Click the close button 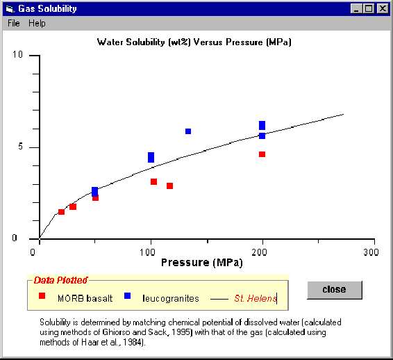[x=334, y=290]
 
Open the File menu [x=14, y=23]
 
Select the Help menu [x=37, y=23]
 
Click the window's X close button [x=383, y=8]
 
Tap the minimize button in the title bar [x=357, y=8]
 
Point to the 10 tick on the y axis [x=18, y=55]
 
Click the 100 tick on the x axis [x=151, y=251]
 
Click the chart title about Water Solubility [x=194, y=42]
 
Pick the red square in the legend [x=42, y=296]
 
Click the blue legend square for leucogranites [x=128, y=296]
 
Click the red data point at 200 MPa [x=262, y=154]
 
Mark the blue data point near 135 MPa [x=187, y=131]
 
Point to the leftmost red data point [x=61, y=212]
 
